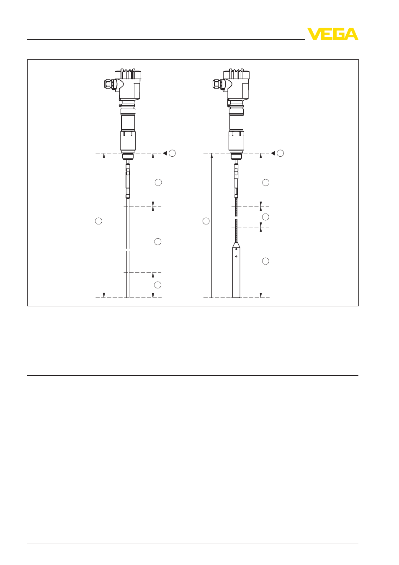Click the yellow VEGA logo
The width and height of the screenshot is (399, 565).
[x=332, y=34]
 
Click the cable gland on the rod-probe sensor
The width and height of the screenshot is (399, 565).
[x=109, y=84]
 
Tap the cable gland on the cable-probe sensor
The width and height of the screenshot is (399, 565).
[x=217, y=84]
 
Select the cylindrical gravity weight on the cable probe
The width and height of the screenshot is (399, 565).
[x=236, y=270]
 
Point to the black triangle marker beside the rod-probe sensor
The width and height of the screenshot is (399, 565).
[x=165, y=153]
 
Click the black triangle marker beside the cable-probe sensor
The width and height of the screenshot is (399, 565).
[x=273, y=153]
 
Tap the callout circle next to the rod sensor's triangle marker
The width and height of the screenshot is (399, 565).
[x=172, y=153]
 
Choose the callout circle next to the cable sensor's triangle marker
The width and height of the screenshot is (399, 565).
[x=280, y=153]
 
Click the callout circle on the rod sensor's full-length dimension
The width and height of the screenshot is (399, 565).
[x=98, y=221]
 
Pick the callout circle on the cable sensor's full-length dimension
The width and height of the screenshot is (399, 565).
[x=206, y=221]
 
